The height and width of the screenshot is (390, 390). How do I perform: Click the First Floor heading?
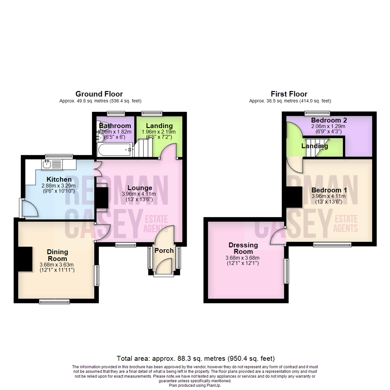pyautogui.click(x=290, y=94)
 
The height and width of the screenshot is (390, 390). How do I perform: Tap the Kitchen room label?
pyautogui.click(x=59, y=179)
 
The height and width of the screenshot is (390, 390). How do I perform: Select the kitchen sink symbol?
pyautogui.click(x=47, y=165)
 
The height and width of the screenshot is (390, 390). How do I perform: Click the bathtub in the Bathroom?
pyautogui.click(x=114, y=149)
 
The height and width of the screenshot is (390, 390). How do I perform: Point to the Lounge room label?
pyautogui.click(x=139, y=188)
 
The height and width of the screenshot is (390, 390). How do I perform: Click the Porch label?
pyautogui.click(x=164, y=251)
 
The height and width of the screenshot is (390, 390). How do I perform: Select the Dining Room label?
pyautogui.click(x=57, y=255)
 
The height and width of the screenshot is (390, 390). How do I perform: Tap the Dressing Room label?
pyautogui.click(x=243, y=248)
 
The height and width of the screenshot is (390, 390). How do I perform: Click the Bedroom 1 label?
pyautogui.click(x=326, y=190)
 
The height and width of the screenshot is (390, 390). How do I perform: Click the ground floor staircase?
pyautogui.click(x=144, y=148)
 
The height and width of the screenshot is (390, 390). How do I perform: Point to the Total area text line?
pyautogui.click(x=195, y=359)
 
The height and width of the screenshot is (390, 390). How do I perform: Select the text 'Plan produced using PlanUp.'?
pyautogui.click(x=195, y=385)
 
